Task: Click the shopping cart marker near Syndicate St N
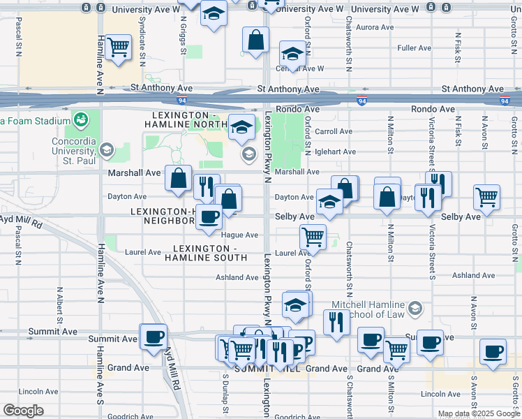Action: point(119,47)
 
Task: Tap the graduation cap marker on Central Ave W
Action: point(293,54)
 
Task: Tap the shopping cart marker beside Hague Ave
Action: point(313,237)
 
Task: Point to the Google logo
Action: point(24,411)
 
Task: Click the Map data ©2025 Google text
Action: point(479,413)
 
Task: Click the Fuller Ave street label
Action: point(414,48)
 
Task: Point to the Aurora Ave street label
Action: point(375,27)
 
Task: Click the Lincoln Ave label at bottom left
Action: point(34,391)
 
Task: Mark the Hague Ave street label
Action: point(239,235)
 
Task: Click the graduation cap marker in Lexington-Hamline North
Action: point(241,126)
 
